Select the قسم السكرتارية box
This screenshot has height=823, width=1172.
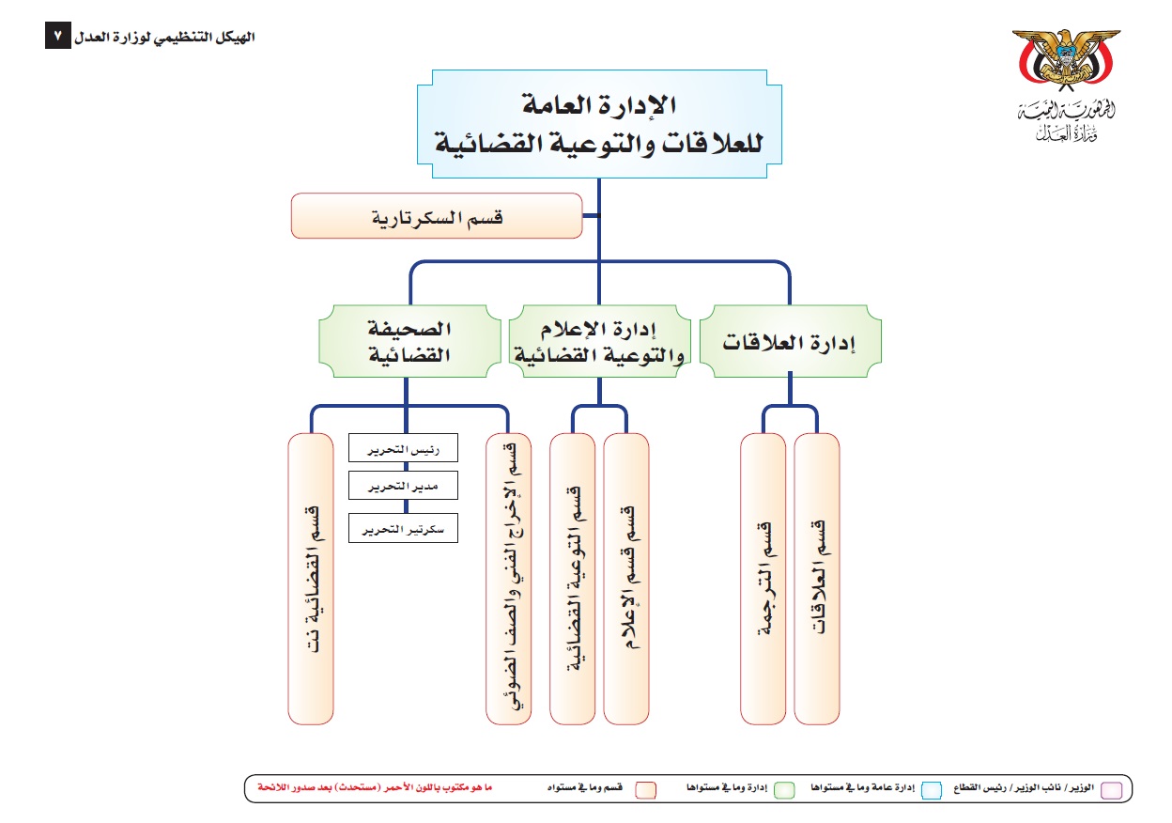point(437,216)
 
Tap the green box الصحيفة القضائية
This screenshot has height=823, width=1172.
point(408,341)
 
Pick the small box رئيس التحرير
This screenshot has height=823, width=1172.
point(403,447)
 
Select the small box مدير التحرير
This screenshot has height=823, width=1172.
point(403,485)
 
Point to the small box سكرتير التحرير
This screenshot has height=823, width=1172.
point(403,529)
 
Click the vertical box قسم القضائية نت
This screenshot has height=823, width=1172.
point(311,579)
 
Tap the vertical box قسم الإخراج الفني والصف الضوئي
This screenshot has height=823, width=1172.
point(509,579)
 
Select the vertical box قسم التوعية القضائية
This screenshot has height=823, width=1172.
point(573,579)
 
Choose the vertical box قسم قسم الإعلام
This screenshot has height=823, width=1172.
point(626,579)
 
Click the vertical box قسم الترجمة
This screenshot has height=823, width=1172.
point(763,579)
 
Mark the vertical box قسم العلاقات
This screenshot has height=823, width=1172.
point(817,579)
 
